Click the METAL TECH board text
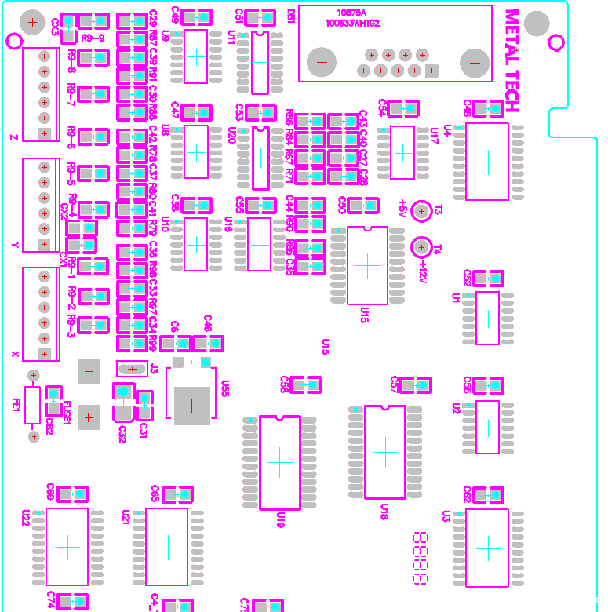512,61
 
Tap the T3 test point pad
421,210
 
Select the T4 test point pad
421,247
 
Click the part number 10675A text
352,13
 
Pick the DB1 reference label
291,16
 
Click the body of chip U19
279,462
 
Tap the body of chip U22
67,546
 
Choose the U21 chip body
167,546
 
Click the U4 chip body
487,162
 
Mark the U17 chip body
402,152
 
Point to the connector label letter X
15,354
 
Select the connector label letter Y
15,246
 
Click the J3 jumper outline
132,368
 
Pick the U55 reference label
225,388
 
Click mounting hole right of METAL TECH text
537,24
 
